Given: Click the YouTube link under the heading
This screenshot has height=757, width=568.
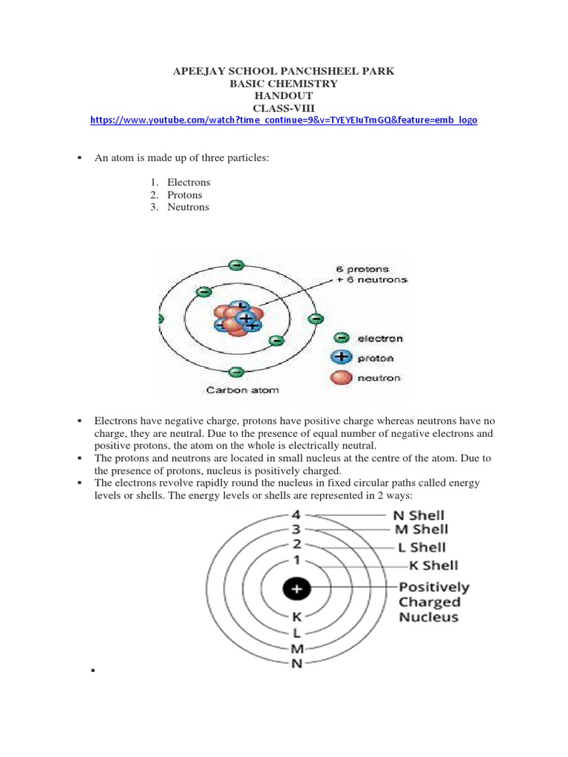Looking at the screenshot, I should (283, 120).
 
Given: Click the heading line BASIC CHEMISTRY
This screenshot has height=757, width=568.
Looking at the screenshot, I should (283, 84).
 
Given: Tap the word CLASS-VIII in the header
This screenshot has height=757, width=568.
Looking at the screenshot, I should (283, 108).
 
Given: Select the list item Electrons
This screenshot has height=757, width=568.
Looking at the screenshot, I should (189, 182).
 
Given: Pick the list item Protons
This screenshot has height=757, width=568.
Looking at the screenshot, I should (184, 194).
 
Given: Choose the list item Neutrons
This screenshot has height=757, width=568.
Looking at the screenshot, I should (188, 207).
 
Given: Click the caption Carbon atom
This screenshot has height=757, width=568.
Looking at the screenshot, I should (232, 390).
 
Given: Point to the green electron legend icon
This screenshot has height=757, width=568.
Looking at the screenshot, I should (341, 339).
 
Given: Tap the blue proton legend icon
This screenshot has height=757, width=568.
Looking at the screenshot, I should (341, 358).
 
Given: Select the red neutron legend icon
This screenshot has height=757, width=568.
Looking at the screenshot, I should (341, 378).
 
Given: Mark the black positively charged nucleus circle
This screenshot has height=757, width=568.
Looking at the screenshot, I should (297, 588).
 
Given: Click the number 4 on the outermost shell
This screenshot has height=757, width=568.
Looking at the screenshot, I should (297, 515).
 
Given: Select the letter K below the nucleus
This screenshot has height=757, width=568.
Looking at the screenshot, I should (297, 617).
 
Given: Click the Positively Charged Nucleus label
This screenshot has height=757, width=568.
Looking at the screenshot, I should (433, 602).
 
